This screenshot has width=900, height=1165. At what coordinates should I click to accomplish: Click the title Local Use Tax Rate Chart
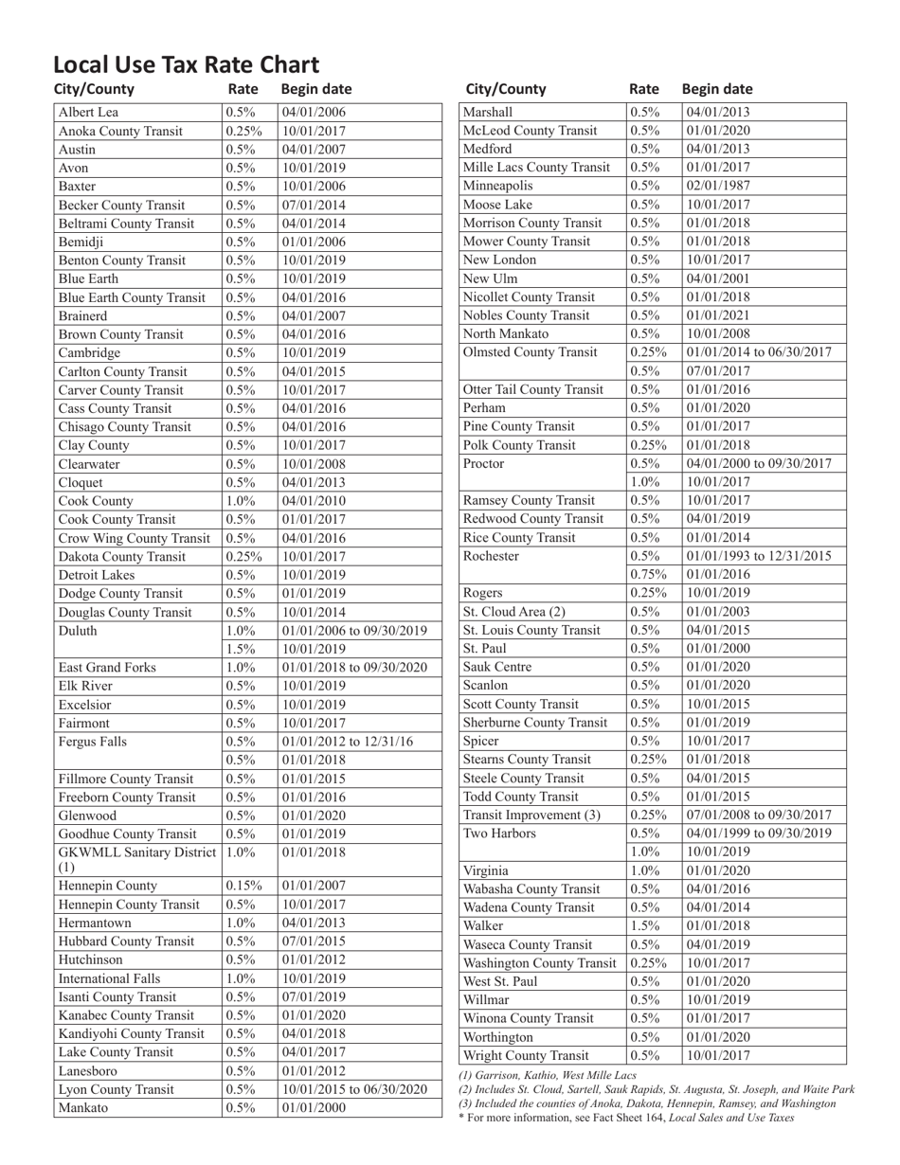click(x=186, y=64)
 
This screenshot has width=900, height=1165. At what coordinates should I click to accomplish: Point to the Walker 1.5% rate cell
click(x=644, y=925)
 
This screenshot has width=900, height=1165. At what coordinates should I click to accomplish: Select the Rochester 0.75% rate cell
click(x=647, y=574)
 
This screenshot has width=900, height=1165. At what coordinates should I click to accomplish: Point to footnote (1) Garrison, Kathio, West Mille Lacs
click(x=547, y=1075)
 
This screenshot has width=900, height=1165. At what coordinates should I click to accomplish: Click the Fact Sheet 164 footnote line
click(x=625, y=1118)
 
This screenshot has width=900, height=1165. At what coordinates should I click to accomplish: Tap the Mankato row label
click(x=83, y=1107)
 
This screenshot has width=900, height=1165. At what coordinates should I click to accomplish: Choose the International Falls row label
click(x=109, y=978)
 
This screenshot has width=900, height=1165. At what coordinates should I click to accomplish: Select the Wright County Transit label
click(x=525, y=1055)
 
